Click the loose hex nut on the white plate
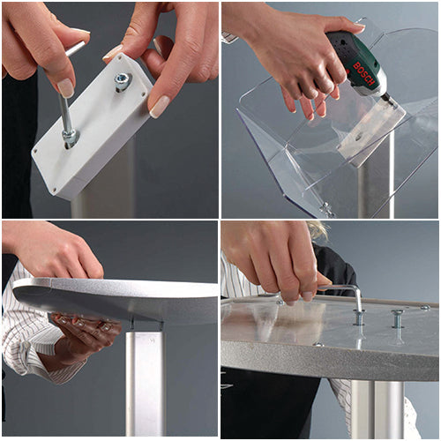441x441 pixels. tap(122, 82)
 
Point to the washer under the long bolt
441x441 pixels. tap(69, 138)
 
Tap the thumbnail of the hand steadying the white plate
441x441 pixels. tap(160, 107)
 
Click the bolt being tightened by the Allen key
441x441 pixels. tap(359, 316)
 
